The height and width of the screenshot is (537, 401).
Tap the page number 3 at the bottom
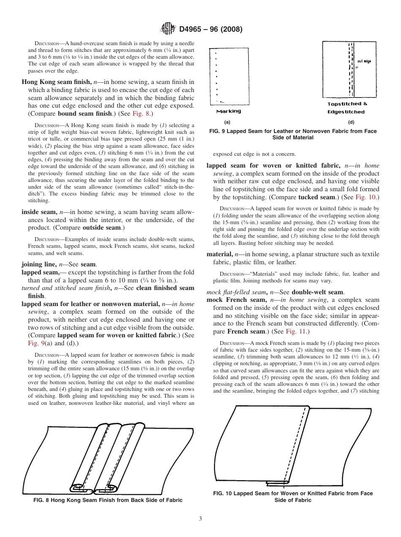click(x=200, y=518)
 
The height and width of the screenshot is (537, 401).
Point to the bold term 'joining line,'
click(x=39, y=264)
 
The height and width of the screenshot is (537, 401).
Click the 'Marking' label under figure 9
click(x=228, y=111)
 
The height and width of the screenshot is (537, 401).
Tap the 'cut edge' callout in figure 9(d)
click(x=363, y=61)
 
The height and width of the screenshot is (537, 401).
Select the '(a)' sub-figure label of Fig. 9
click(x=227, y=122)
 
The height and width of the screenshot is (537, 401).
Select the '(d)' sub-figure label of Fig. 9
click(x=351, y=122)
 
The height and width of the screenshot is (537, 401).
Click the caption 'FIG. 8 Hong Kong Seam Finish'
click(x=108, y=500)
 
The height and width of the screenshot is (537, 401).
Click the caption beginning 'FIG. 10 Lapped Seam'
click(x=293, y=493)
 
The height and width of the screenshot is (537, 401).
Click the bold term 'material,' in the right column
click(x=219, y=254)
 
